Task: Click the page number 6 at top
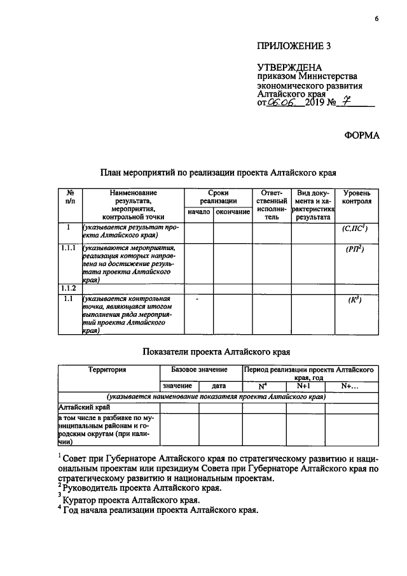[x=376, y=19]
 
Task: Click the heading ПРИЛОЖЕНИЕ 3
[x=294, y=46]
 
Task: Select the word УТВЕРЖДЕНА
[x=289, y=67]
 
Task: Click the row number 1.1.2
[x=69, y=288]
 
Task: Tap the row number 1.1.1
[x=69, y=248]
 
